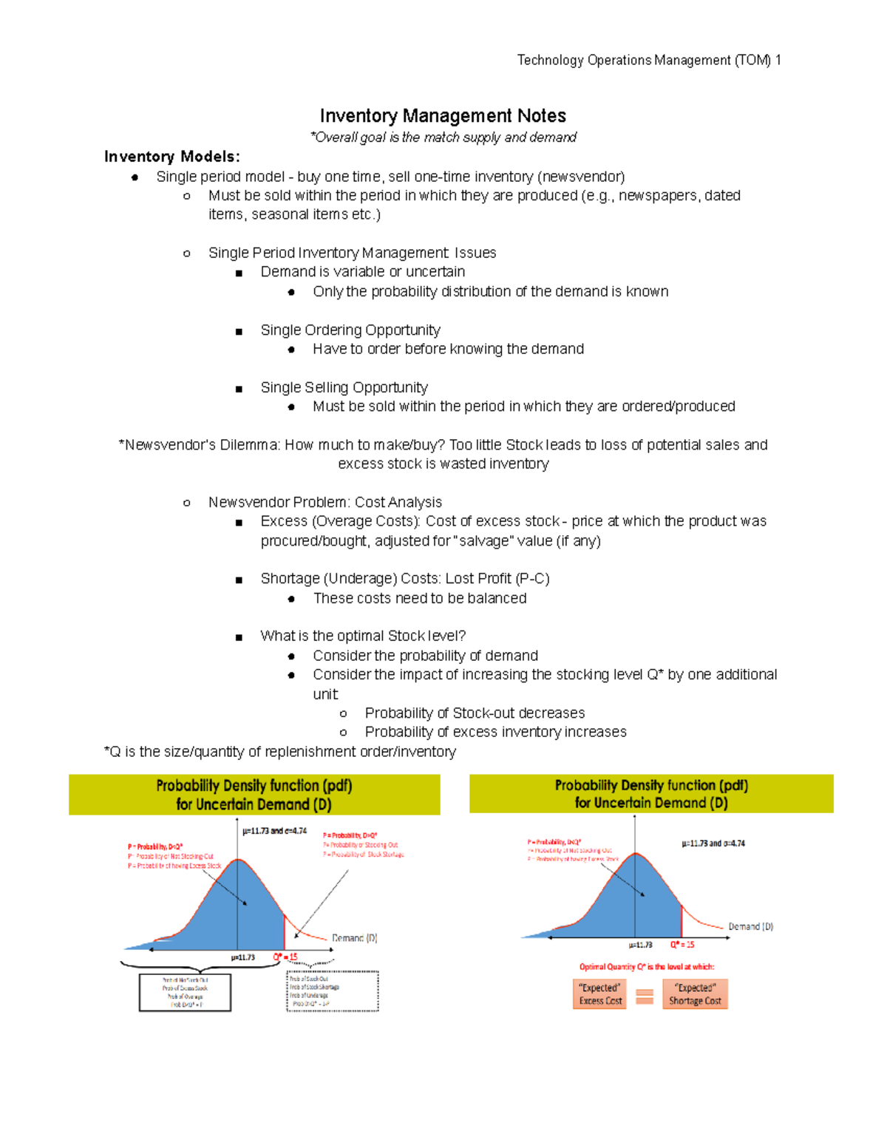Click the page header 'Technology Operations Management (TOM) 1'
[648, 60]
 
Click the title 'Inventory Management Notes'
[443, 115]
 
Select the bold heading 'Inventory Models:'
[171, 157]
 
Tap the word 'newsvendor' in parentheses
[581, 177]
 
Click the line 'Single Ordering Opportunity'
[350, 330]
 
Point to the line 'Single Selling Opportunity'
[344, 387]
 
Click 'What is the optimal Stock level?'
[362, 636]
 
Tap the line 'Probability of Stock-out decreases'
[474, 713]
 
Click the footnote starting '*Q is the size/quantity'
[279, 752]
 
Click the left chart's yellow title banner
[254, 795]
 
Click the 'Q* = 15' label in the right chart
[682, 945]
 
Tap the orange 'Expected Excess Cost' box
[600, 994]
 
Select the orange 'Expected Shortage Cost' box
[694, 994]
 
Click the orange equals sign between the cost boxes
[645, 996]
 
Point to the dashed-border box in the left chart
[332, 991]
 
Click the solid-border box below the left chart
[185, 991]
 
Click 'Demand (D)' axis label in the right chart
[750, 926]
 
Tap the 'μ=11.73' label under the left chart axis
[242, 957]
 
